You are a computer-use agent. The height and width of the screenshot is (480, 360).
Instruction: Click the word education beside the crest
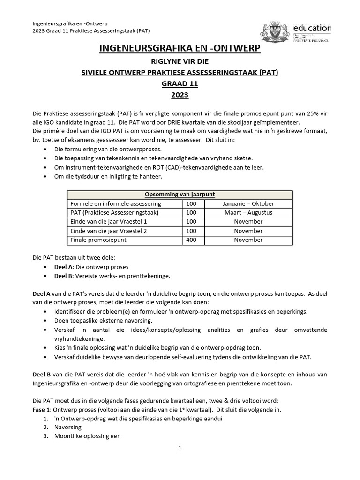coord(312,28)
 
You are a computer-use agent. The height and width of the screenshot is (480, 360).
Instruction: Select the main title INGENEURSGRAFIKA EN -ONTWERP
coord(180,49)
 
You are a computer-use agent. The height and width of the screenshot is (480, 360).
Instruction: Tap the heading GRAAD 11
coord(180,84)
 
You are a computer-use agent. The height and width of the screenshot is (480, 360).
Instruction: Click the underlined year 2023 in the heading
coord(180,95)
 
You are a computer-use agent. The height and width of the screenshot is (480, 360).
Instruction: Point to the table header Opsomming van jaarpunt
coord(180,195)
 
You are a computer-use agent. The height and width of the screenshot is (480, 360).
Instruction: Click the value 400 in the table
coord(191,240)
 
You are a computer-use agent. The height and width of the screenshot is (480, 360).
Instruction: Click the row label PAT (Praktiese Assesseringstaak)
coord(115,213)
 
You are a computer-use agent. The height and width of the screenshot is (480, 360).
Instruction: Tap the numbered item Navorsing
coord(68,427)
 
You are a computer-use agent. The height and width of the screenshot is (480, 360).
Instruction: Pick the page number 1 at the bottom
coord(180,448)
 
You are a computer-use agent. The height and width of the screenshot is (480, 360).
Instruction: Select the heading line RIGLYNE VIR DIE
coord(180,61)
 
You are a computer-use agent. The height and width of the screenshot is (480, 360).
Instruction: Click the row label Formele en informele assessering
coord(115,203)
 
